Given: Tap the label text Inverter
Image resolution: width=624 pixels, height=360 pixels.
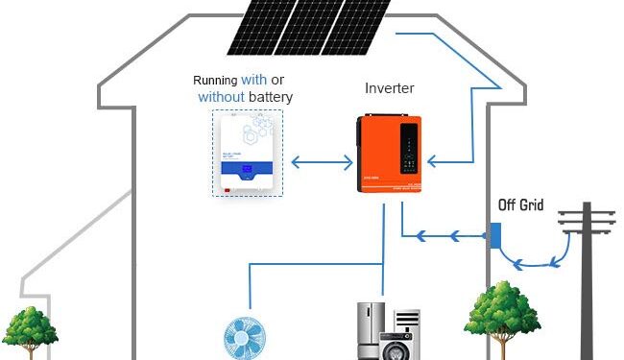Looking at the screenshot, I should point(390,88).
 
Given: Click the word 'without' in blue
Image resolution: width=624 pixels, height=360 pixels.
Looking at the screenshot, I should point(220,97).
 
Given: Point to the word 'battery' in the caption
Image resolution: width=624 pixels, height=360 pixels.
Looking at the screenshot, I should point(268,97).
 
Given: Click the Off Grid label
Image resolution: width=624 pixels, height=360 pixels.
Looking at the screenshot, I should point(522,204).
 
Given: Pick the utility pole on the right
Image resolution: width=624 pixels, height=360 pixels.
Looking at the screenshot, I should point(587,278).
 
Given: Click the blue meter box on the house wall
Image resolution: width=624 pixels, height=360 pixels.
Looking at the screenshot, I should point(494,236).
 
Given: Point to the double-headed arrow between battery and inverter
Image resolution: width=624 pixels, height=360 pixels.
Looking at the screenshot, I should point(322,160).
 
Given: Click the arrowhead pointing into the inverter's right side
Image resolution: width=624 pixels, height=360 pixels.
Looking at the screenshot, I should point(434,160).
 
